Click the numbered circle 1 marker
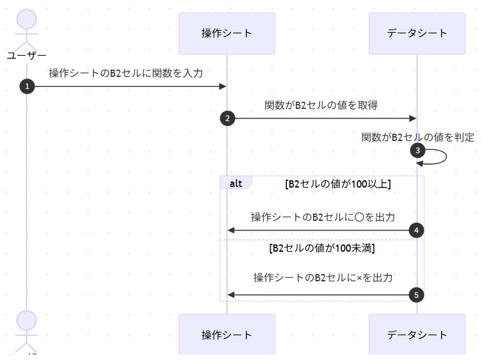point(27,87)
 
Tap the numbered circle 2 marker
point(227,119)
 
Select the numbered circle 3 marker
point(417,150)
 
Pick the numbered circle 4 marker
point(417,230)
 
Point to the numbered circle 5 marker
point(417,295)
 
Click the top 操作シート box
point(227,33)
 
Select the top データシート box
point(417,33)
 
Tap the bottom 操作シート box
point(227,334)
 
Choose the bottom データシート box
point(417,334)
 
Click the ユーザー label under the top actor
point(27,56)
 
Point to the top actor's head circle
point(27,19)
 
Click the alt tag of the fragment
point(236,183)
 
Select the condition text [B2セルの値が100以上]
point(337,185)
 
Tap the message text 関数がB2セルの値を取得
point(321,105)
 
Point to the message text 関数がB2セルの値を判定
point(418,137)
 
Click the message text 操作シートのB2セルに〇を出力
point(323,217)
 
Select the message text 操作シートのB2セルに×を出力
point(323,278)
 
